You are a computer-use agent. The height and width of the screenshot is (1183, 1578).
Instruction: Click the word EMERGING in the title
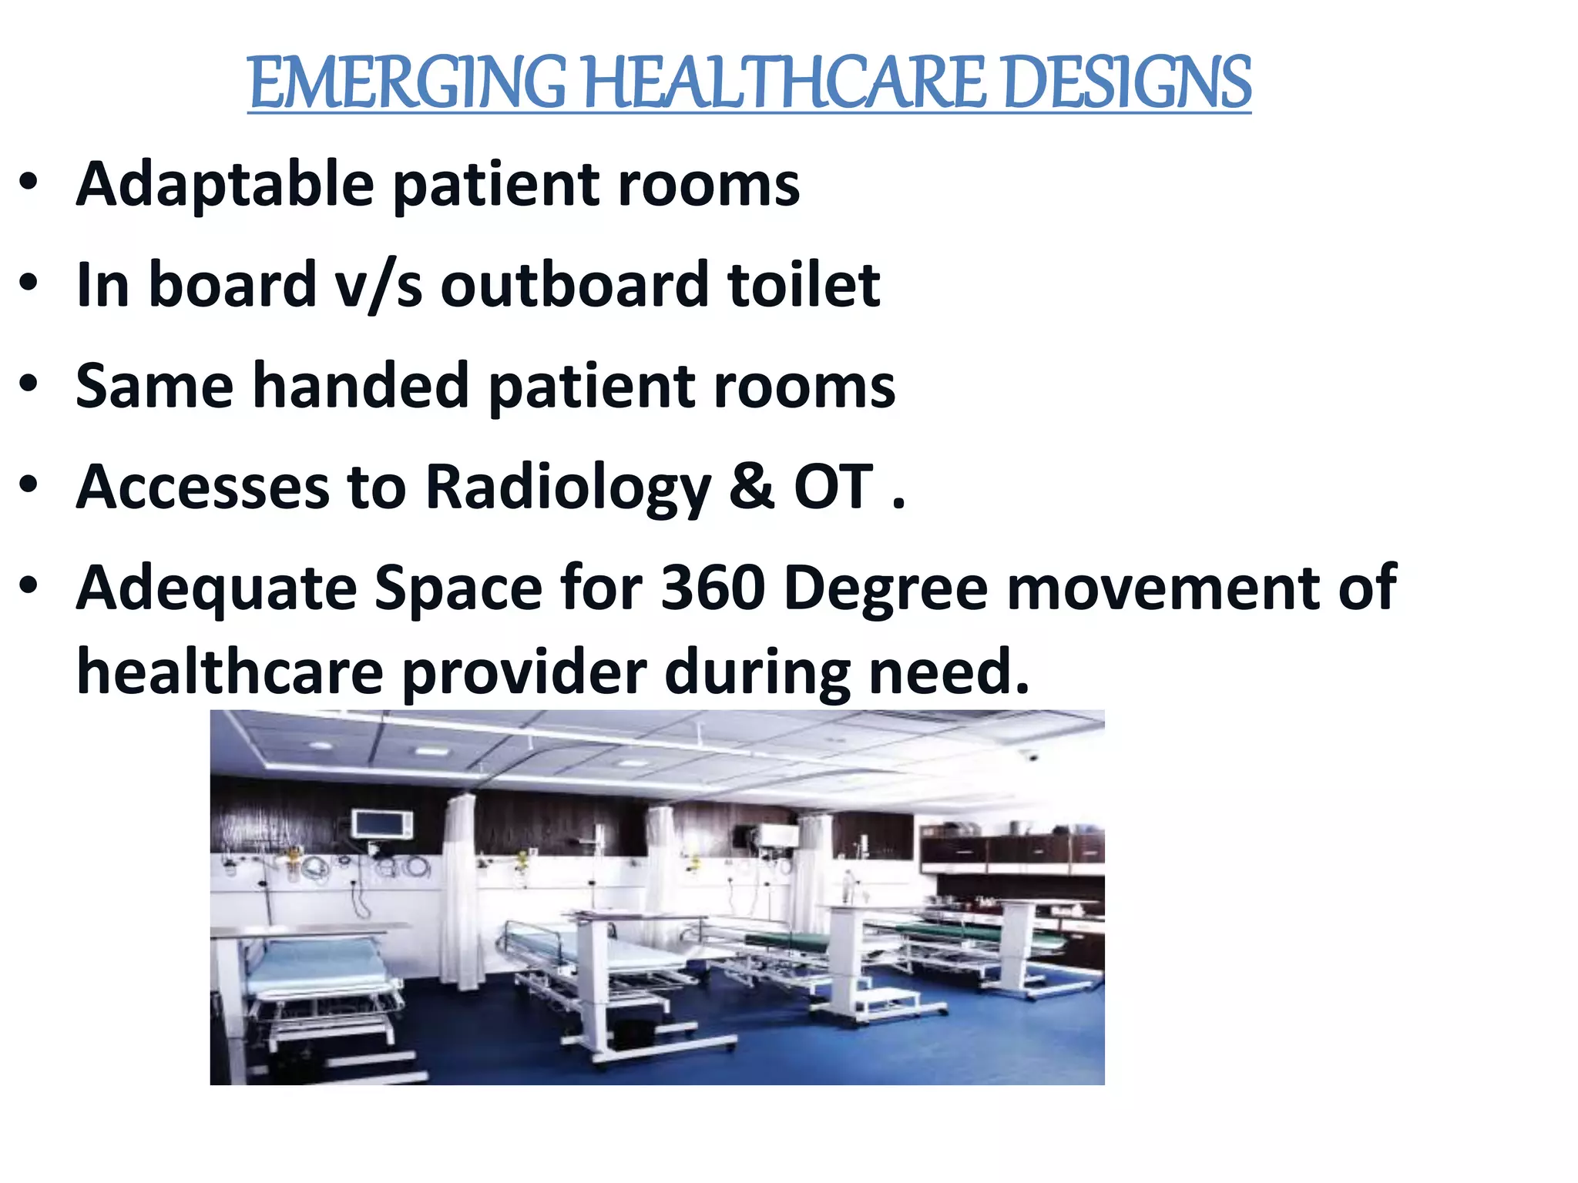(408, 82)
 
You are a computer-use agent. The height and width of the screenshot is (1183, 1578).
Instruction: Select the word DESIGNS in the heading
(1128, 82)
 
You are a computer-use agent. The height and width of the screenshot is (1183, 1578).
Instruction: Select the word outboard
(574, 285)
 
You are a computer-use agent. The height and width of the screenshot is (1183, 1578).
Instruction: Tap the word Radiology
(569, 488)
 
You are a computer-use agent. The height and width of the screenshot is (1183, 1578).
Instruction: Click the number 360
(713, 588)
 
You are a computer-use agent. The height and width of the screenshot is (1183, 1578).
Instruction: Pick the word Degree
(886, 588)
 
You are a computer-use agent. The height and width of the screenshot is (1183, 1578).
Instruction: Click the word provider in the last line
(524, 672)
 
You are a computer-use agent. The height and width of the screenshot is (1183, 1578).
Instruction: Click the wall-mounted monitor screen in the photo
(382, 824)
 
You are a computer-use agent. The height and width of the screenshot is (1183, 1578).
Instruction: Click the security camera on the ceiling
(1031, 756)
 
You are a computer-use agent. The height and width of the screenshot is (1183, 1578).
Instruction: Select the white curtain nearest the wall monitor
(461, 886)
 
